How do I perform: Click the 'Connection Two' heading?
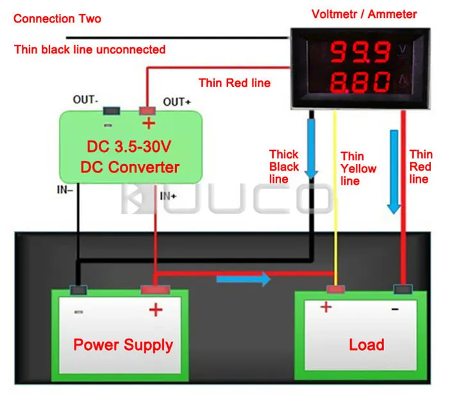(57, 19)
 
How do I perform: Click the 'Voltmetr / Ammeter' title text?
(364, 14)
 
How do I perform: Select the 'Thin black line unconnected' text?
(90, 49)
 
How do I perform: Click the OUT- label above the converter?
(85, 100)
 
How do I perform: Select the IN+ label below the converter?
(168, 196)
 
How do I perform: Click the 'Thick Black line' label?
(283, 167)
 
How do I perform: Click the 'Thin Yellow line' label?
(358, 169)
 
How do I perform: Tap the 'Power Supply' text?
(123, 344)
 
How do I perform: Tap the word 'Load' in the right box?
(367, 344)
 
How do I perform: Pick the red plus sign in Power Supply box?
(156, 310)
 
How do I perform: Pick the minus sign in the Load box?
(394, 308)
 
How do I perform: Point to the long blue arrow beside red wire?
(394, 169)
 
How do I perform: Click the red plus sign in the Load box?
(326, 307)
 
